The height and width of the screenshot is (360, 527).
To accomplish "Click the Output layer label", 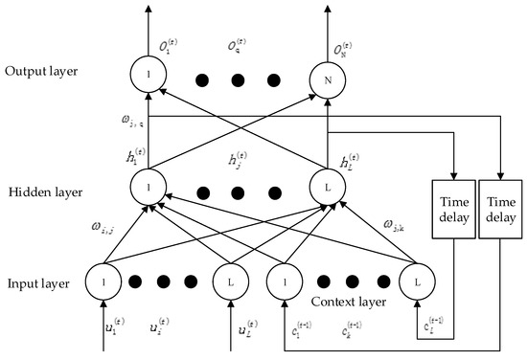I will point(39,71).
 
